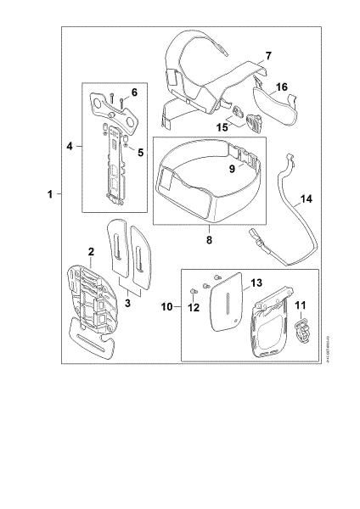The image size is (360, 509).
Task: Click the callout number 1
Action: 50,194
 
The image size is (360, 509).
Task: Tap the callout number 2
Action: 89,252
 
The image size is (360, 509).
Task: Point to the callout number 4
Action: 70,146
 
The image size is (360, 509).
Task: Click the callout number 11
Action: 299,303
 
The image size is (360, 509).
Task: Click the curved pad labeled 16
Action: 277,105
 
